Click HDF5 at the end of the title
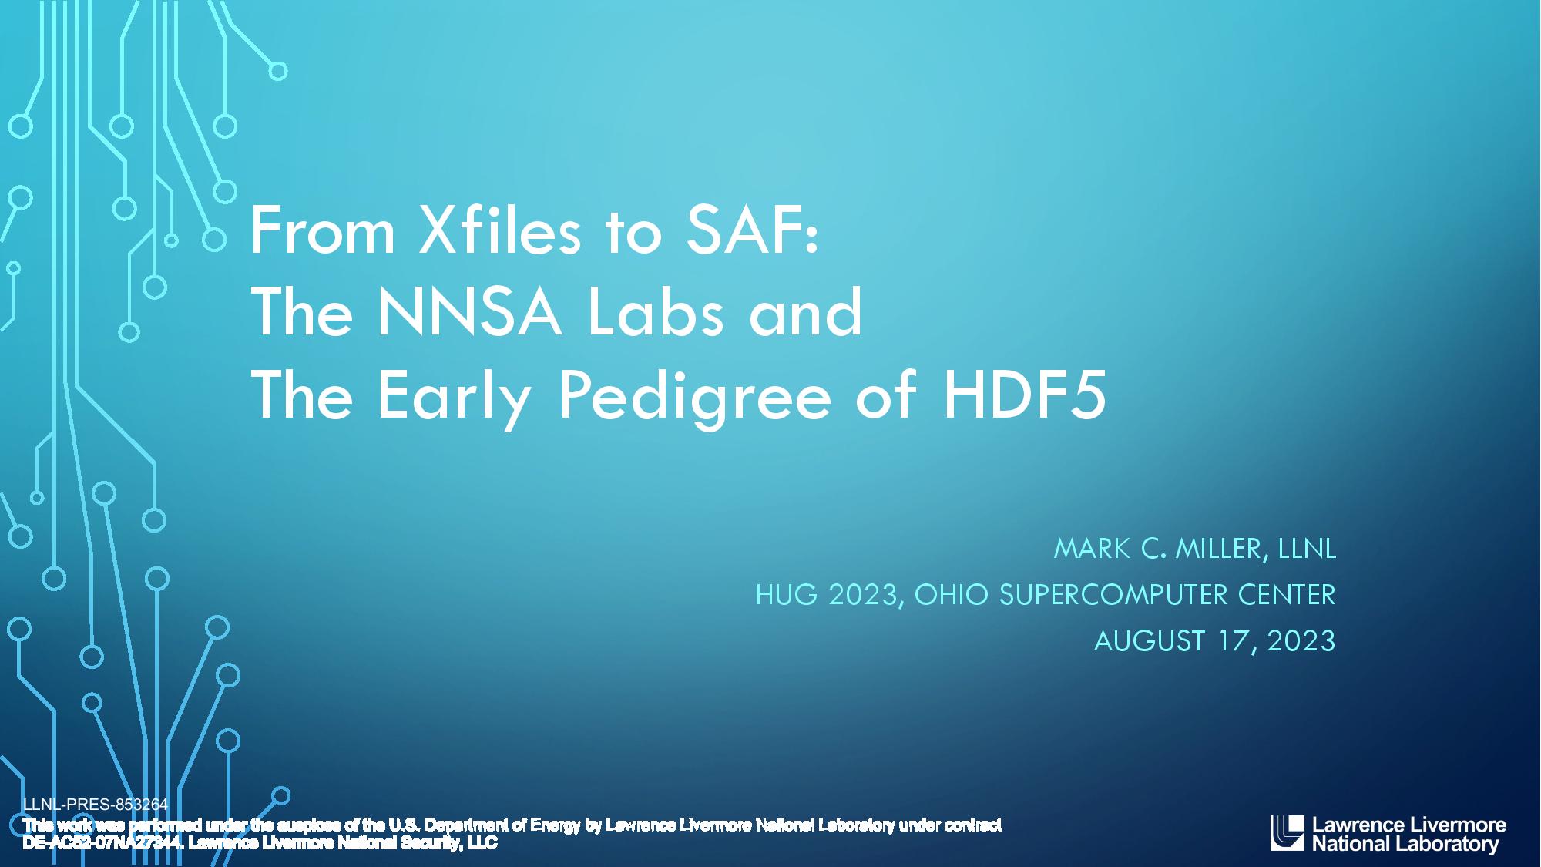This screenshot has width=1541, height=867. tap(1025, 395)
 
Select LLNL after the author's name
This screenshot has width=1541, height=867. tap(1307, 549)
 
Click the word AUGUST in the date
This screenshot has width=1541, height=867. tap(1149, 641)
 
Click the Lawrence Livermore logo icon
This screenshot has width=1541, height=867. tap(1288, 833)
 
